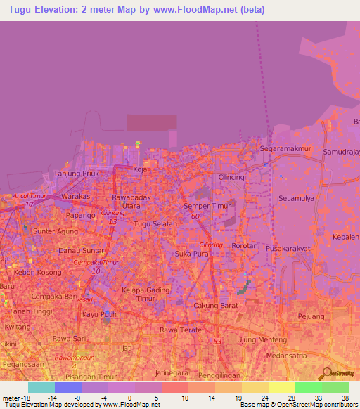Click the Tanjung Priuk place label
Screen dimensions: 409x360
[75, 174]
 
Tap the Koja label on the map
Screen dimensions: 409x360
[140, 169]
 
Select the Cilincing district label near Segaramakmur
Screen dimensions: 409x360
[231, 177]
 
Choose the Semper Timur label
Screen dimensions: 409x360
[207, 206]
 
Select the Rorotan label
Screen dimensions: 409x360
[244, 247]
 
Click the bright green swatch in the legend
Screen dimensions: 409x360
[309, 387]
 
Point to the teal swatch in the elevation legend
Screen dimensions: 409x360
[41, 387]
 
